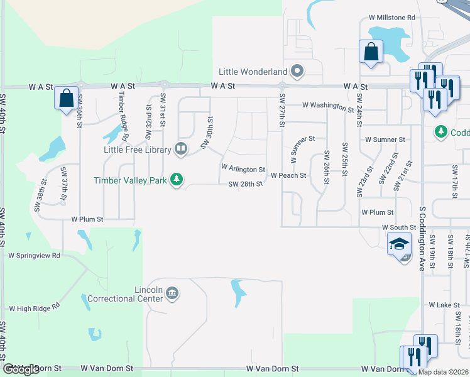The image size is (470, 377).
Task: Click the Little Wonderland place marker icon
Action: [297, 71]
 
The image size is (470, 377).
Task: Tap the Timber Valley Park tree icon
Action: [178, 180]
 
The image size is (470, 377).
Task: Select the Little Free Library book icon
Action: [181, 149]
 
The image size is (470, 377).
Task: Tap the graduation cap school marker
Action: [398, 244]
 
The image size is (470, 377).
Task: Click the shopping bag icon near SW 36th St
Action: [66, 98]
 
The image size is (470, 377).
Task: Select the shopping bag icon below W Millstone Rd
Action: [371, 51]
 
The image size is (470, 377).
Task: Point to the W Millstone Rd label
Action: [392, 18]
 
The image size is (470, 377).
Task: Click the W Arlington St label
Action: [243, 170]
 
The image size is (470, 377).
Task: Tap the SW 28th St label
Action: [245, 184]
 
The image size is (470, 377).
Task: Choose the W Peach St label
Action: [288, 176]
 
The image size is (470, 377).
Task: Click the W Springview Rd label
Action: [34, 256]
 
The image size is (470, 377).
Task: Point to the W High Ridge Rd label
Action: [34, 309]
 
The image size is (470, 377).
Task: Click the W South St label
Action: [399, 227]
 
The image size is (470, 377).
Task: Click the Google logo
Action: [21, 369]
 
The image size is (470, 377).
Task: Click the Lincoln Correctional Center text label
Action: [125, 294]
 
